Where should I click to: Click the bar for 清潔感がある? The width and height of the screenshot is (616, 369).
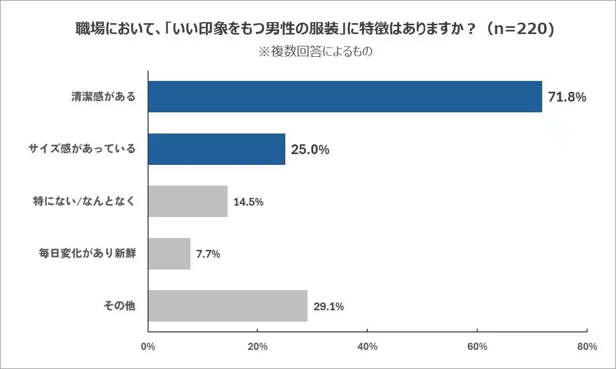pyautogui.click(x=345, y=96)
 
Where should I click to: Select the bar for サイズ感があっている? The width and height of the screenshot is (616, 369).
pyautogui.click(x=217, y=149)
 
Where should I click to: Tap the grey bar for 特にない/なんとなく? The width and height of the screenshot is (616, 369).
pyautogui.click(x=188, y=201)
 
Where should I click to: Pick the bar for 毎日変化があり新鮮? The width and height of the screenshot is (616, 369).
pyautogui.click(x=169, y=254)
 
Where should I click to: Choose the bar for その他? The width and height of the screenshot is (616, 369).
pyautogui.click(x=228, y=306)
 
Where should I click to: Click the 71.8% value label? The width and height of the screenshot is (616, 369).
pyautogui.click(x=567, y=97)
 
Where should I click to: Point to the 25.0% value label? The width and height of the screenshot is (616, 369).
pyautogui.click(x=310, y=149)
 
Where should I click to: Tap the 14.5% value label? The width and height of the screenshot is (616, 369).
pyautogui.click(x=249, y=202)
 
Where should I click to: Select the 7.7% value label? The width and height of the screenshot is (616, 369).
pyautogui.click(x=208, y=254)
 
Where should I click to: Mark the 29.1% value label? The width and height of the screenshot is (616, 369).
pyautogui.click(x=329, y=307)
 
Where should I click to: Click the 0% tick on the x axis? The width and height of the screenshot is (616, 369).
pyautogui.click(x=148, y=347)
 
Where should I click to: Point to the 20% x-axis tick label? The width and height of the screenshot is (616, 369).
pyautogui.click(x=257, y=347)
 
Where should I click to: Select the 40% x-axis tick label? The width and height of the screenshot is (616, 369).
pyautogui.click(x=367, y=347)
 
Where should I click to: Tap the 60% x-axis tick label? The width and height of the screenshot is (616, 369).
pyautogui.click(x=477, y=347)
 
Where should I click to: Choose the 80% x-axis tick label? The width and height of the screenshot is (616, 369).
pyautogui.click(x=587, y=347)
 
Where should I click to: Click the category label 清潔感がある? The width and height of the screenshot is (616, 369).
pyautogui.click(x=103, y=96)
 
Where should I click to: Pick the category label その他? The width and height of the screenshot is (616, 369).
pyautogui.click(x=120, y=306)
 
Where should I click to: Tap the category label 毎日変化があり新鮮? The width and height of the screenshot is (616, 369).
pyautogui.click(x=87, y=254)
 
